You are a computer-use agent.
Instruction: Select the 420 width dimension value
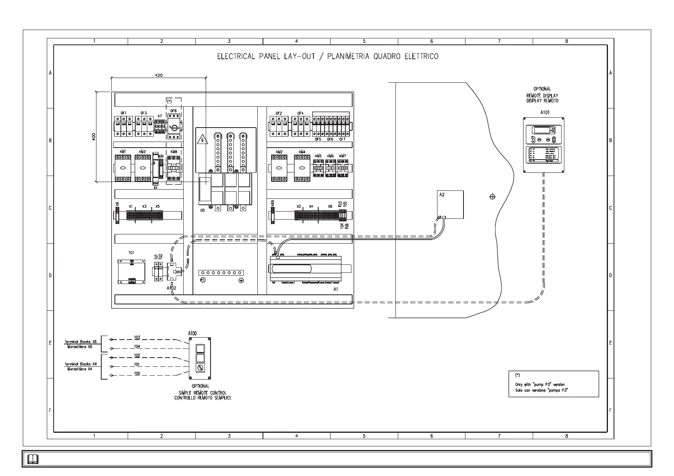click(x=158, y=75)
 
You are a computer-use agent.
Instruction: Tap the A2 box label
click(x=442, y=195)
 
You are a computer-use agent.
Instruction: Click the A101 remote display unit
click(x=544, y=145)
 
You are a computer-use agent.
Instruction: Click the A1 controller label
click(x=336, y=288)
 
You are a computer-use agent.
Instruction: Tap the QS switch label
click(x=203, y=210)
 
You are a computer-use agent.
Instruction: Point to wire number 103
click(x=137, y=337)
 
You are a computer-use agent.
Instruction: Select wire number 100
click(x=137, y=373)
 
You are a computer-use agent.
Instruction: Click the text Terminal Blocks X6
click(x=80, y=342)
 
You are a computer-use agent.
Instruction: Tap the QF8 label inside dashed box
click(x=173, y=111)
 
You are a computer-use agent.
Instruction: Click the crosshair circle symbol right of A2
click(x=492, y=196)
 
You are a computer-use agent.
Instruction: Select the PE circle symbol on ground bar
click(x=203, y=280)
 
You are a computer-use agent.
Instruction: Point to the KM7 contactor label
click(x=342, y=156)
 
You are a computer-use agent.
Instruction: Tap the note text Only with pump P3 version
click(x=540, y=384)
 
